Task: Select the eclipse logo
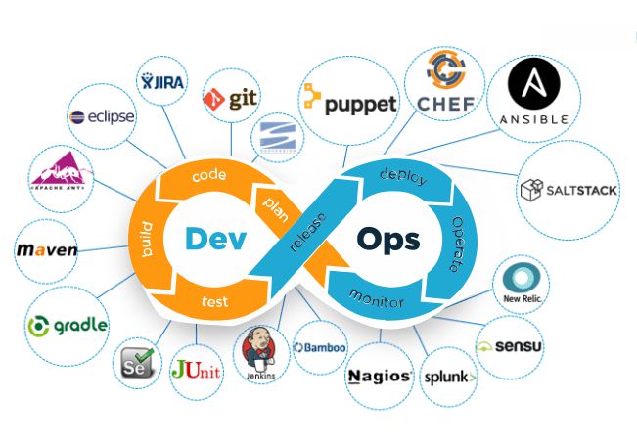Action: pyautogui.click(x=102, y=116)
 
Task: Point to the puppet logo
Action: pyautogui.click(x=349, y=101)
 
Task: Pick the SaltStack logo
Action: pyautogui.click(x=569, y=189)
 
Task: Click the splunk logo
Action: pyautogui.click(x=450, y=377)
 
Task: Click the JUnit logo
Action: pyautogui.click(x=196, y=370)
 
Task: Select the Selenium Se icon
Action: pyautogui.click(x=135, y=367)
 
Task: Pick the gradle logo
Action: pyautogui.click(x=68, y=325)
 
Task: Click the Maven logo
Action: pyautogui.click(x=46, y=251)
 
